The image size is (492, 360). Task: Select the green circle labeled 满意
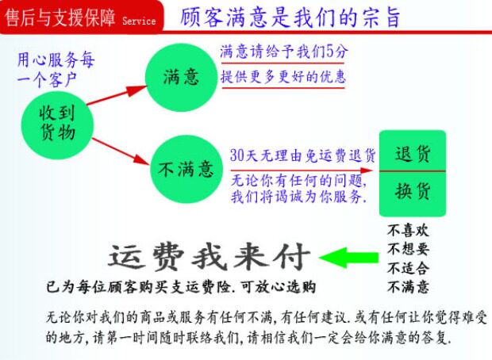pyautogui.click(x=181, y=76)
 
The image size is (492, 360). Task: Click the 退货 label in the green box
pyautogui.click(x=412, y=153)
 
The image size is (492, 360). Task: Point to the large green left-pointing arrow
pyautogui.click(x=349, y=256)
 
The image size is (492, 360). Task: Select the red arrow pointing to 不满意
pyautogui.click(x=119, y=149)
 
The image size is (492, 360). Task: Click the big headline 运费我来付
pyautogui.click(x=209, y=255)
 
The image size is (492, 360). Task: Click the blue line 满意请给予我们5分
pyautogui.click(x=283, y=52)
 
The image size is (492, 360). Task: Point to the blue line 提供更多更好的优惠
pyautogui.click(x=283, y=77)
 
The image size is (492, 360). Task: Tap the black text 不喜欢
pyautogui.click(x=408, y=230)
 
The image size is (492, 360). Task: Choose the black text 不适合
pyautogui.click(x=408, y=268)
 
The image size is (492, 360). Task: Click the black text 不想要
pyautogui.click(x=408, y=249)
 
